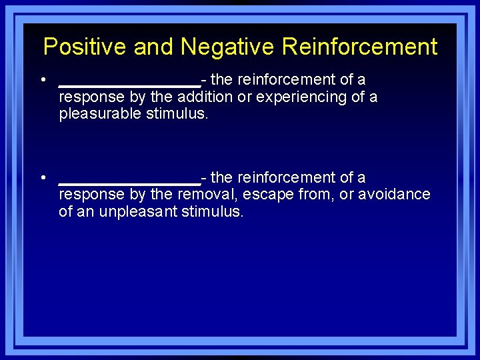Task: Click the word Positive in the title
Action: (x=85, y=47)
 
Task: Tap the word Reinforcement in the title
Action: (x=359, y=47)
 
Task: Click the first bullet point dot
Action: (x=42, y=80)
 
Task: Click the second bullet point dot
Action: (x=42, y=178)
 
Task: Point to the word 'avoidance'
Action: (x=394, y=195)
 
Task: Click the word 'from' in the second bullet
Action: (x=313, y=195)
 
